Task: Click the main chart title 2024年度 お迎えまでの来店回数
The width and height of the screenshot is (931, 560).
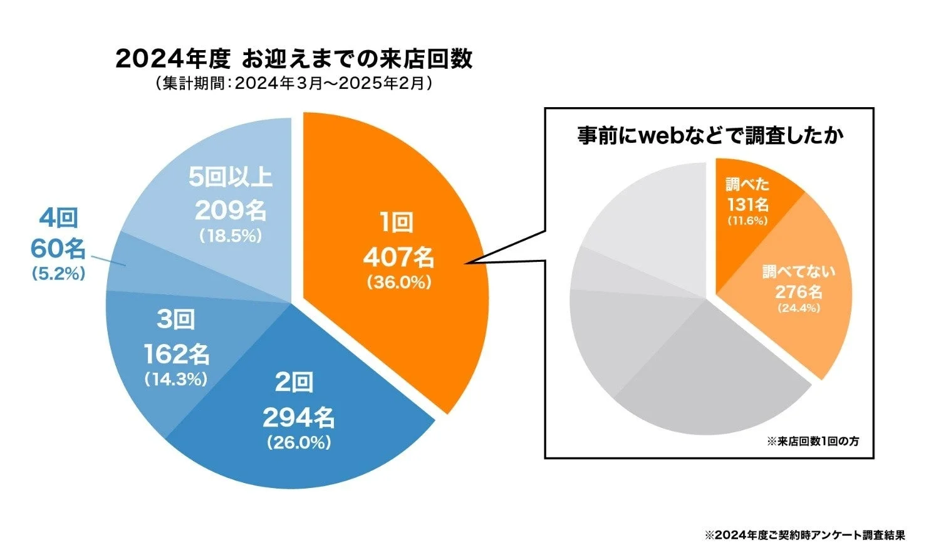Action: [294, 60]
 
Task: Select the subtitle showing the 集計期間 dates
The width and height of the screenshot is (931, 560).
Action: [294, 84]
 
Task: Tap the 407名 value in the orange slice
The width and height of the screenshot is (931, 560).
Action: [398, 257]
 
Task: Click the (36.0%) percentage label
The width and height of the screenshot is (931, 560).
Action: [398, 283]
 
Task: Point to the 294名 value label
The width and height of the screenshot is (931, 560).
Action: [298, 417]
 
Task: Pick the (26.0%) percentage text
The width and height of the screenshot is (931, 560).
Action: [298, 443]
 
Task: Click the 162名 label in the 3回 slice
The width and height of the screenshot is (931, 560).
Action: [176, 355]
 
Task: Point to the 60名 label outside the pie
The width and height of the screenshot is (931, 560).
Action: [58, 249]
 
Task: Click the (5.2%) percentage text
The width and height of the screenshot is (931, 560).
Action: [58, 274]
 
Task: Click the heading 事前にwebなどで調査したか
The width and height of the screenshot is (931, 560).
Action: [710, 136]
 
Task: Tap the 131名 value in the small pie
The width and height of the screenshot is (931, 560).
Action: [747, 204]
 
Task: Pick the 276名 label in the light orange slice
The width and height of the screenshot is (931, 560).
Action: [798, 292]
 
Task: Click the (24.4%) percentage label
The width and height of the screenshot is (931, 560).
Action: [798, 308]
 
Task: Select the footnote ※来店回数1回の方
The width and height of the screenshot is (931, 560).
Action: [813, 442]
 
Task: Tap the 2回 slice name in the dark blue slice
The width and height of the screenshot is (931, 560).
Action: [293, 383]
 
